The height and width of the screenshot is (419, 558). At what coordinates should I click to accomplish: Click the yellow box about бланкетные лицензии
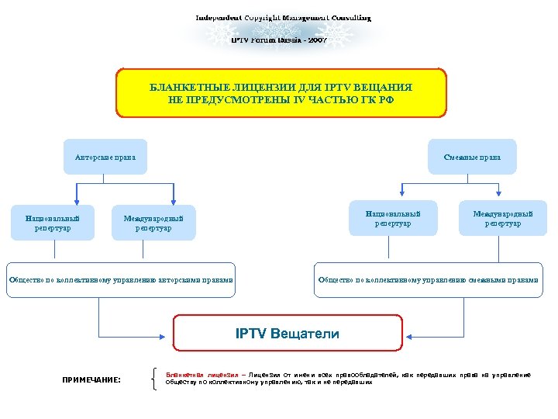[x=281, y=93]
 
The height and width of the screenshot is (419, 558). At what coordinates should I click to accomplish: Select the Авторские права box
[x=105, y=158]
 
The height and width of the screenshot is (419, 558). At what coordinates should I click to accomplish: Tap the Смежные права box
[x=472, y=158]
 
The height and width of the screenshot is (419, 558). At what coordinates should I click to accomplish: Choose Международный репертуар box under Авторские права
[x=153, y=223]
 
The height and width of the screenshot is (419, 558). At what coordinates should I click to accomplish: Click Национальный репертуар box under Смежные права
[x=393, y=218]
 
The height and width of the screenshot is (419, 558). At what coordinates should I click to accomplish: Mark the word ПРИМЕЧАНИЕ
[x=91, y=379]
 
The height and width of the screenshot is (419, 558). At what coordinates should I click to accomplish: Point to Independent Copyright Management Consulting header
[x=283, y=17]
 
